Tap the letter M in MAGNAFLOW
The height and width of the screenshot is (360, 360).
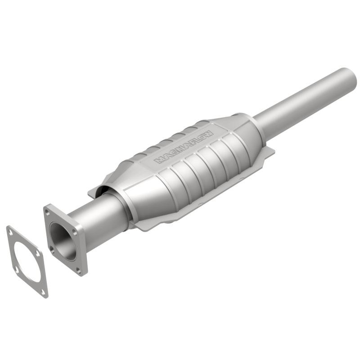point(158,160)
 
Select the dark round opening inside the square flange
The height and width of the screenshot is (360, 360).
point(63,241)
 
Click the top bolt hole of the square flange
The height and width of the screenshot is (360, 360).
point(47,210)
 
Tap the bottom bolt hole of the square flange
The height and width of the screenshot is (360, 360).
point(81,270)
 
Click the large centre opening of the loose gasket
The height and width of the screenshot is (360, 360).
point(27,261)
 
